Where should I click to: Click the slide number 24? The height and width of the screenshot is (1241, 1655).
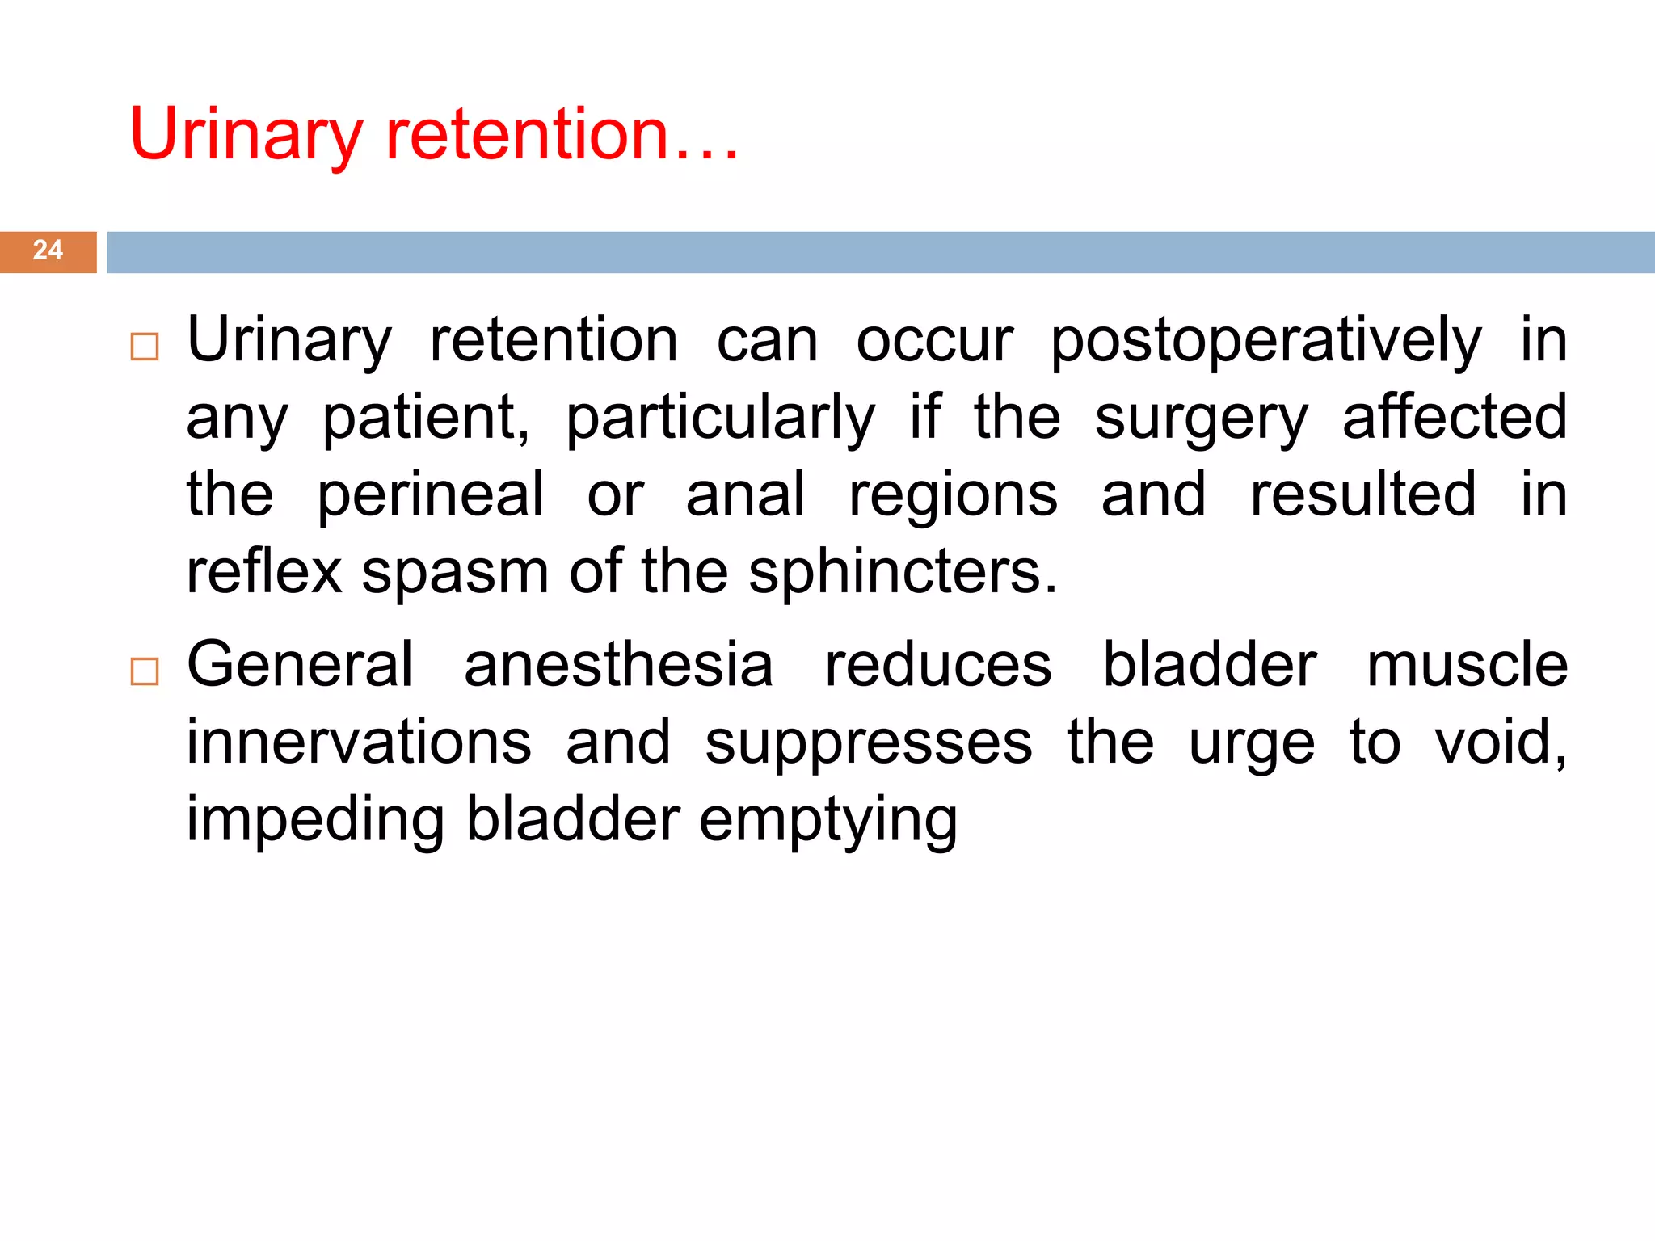[48, 250]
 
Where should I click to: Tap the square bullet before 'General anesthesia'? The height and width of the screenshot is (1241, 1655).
[145, 671]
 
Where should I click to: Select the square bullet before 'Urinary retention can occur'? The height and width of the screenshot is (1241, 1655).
[145, 347]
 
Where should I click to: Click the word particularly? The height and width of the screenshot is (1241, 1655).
[719, 419]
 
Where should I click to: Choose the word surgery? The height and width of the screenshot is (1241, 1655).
[1201, 419]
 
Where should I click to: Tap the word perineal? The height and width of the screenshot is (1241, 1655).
[430, 496]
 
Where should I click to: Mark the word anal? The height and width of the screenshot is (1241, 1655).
[745, 494]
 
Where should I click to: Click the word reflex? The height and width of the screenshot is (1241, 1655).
[264, 571]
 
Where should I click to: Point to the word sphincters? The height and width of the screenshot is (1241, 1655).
[902, 571]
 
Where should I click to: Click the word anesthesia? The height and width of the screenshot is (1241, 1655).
[618, 664]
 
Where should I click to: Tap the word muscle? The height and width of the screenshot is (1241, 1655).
[1467, 664]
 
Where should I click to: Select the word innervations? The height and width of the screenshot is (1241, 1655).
[359, 742]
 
